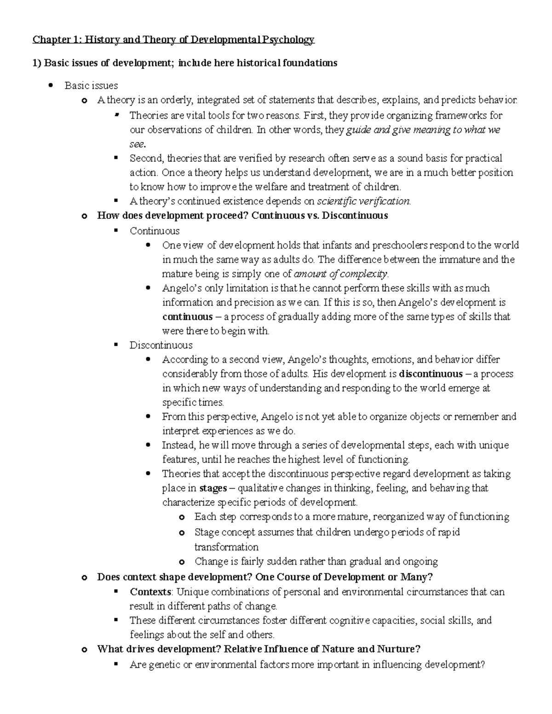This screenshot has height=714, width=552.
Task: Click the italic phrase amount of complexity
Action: click(x=341, y=274)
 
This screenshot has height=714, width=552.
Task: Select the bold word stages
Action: click(x=213, y=488)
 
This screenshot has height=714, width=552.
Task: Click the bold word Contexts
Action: click(x=150, y=592)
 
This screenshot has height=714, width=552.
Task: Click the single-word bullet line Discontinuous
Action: click(x=161, y=345)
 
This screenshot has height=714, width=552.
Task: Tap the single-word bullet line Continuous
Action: click(x=155, y=231)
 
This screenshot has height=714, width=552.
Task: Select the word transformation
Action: click(x=226, y=547)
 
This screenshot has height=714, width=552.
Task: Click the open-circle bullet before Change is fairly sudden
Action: click(x=182, y=562)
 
